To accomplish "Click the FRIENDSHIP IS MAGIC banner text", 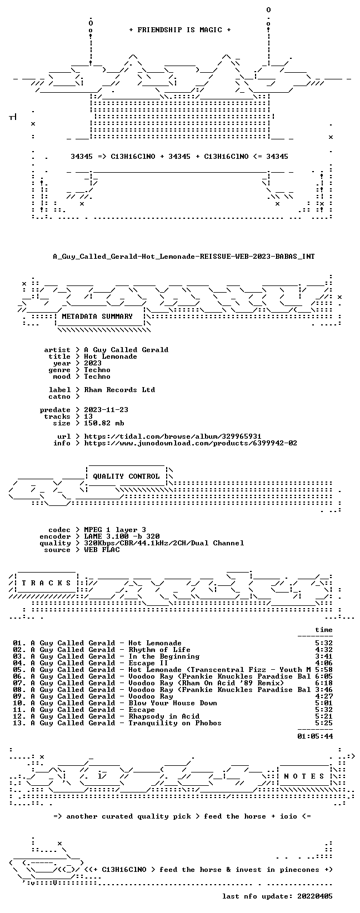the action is (180, 30).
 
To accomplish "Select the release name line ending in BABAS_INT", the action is (184, 257).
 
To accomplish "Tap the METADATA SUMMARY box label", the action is (97, 317).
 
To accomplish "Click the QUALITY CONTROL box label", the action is (126, 476).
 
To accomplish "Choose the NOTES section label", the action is (304, 776).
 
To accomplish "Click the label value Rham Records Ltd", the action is (119, 390).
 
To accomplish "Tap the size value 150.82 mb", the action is (104, 423).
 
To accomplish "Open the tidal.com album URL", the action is (172, 437).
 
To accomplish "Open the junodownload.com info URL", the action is (191, 443).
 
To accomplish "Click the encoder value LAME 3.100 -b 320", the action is (122, 536).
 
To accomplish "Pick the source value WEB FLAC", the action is (102, 550).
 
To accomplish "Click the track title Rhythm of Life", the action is (159, 650).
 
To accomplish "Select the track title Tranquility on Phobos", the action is (175, 723).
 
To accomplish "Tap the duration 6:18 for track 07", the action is (324, 683).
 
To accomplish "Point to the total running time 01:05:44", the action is (315, 736).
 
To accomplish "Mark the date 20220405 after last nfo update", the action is (315, 896).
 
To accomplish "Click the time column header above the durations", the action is (324, 630).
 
